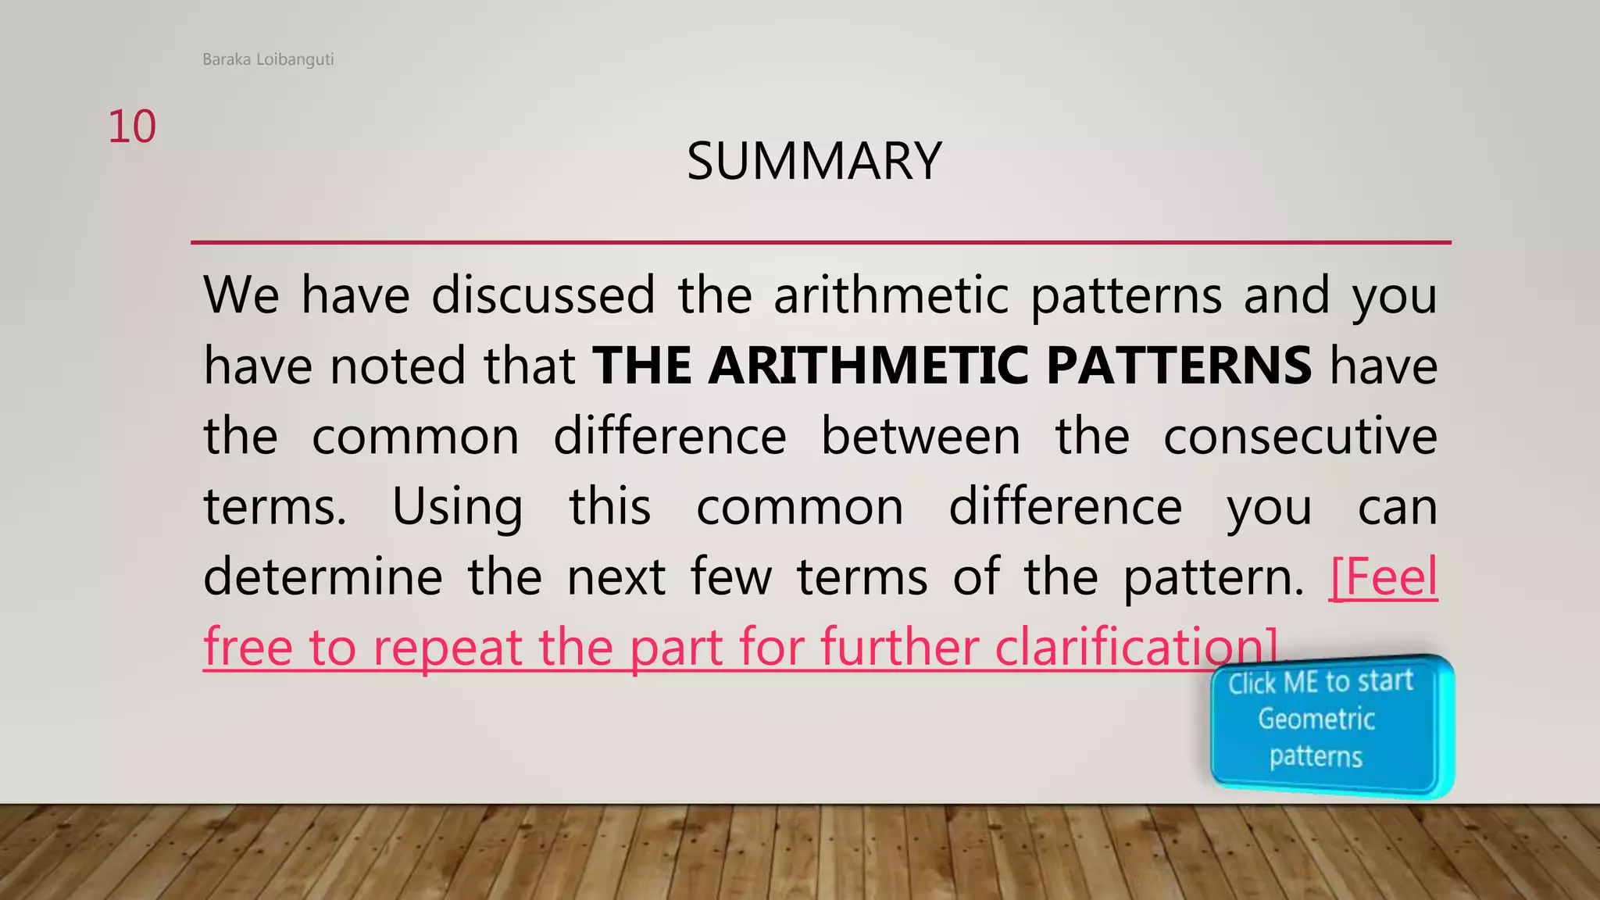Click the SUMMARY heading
coord(814,161)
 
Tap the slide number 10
coord(132,127)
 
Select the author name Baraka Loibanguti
coord(268,59)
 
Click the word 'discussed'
coord(543,295)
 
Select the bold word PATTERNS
coord(1178,366)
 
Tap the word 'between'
coord(920,436)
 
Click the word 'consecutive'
coord(1300,436)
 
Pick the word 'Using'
coord(457,507)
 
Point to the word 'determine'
coord(323,577)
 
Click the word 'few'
coord(731,577)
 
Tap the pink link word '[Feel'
coord(1383,577)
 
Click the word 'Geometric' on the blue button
coord(1316,719)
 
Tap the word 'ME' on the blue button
coord(1301,683)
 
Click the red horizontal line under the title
coord(820,243)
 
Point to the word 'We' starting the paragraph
coord(241,295)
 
